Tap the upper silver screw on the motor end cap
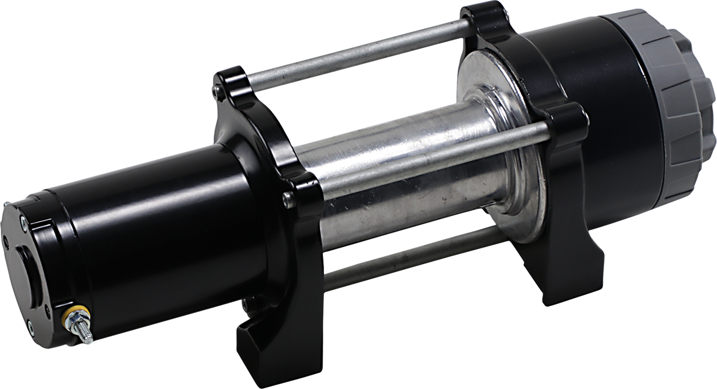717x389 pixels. pos(23,223)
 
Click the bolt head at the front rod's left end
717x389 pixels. pos(289,200)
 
